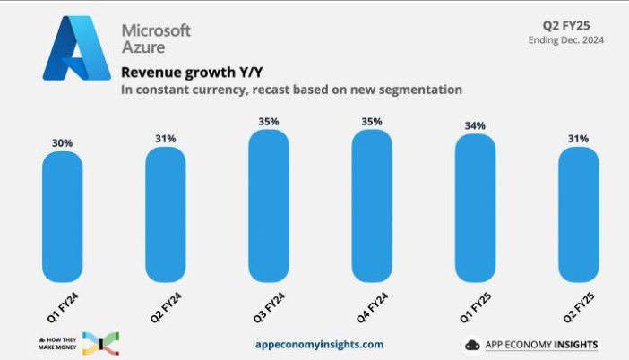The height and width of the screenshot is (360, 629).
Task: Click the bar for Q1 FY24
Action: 63,216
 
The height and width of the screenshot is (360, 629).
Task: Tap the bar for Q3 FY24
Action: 269,205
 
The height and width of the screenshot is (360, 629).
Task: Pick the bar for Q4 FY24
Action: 372,205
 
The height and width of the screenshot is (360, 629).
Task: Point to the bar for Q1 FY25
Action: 475,208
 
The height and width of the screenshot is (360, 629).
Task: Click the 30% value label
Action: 63,141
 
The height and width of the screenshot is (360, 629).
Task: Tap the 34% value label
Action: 475,125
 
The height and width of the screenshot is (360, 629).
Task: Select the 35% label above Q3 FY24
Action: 269,121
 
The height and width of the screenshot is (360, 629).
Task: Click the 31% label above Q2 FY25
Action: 578,139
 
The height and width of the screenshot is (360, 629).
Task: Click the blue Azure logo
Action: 76,48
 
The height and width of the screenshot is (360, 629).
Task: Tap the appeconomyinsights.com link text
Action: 319,344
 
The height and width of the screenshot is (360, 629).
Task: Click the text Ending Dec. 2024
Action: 566,39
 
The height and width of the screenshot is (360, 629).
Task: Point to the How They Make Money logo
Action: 79,343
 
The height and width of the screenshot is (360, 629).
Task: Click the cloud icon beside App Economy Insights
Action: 473,345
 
